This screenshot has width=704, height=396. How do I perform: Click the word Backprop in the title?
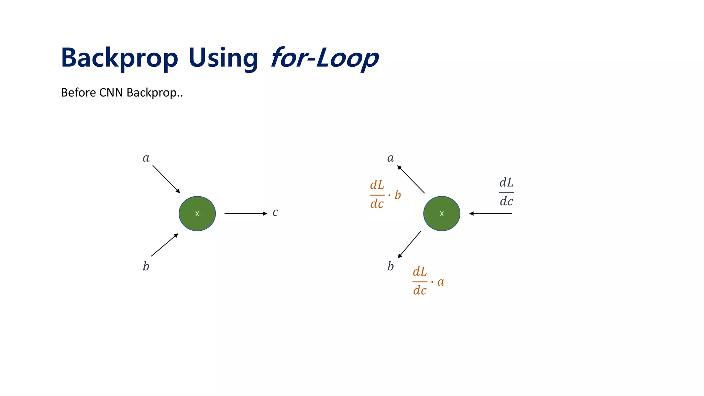click(119, 58)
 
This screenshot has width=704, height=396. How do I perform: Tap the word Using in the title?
click(223, 58)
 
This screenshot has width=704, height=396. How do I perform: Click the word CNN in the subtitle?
click(111, 92)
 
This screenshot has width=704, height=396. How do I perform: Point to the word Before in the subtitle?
click(78, 92)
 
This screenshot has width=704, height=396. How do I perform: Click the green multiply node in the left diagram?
click(197, 213)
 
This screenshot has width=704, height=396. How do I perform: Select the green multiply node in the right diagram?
click(442, 213)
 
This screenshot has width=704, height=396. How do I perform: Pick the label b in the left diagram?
click(146, 266)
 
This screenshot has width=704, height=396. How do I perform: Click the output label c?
click(275, 212)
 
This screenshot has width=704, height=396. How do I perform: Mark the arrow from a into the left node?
click(166, 179)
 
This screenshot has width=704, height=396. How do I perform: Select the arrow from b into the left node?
click(165, 245)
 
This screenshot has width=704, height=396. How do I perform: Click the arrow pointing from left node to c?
click(246, 213)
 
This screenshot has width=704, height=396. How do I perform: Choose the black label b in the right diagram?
click(390, 266)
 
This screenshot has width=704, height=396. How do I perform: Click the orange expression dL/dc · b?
click(385, 195)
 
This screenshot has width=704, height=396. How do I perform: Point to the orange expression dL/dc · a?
click(428, 281)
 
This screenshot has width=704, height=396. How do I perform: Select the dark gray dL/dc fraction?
click(506, 192)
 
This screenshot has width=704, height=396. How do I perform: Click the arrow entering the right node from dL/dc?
click(491, 213)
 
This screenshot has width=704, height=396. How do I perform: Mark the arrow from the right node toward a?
click(411, 179)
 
